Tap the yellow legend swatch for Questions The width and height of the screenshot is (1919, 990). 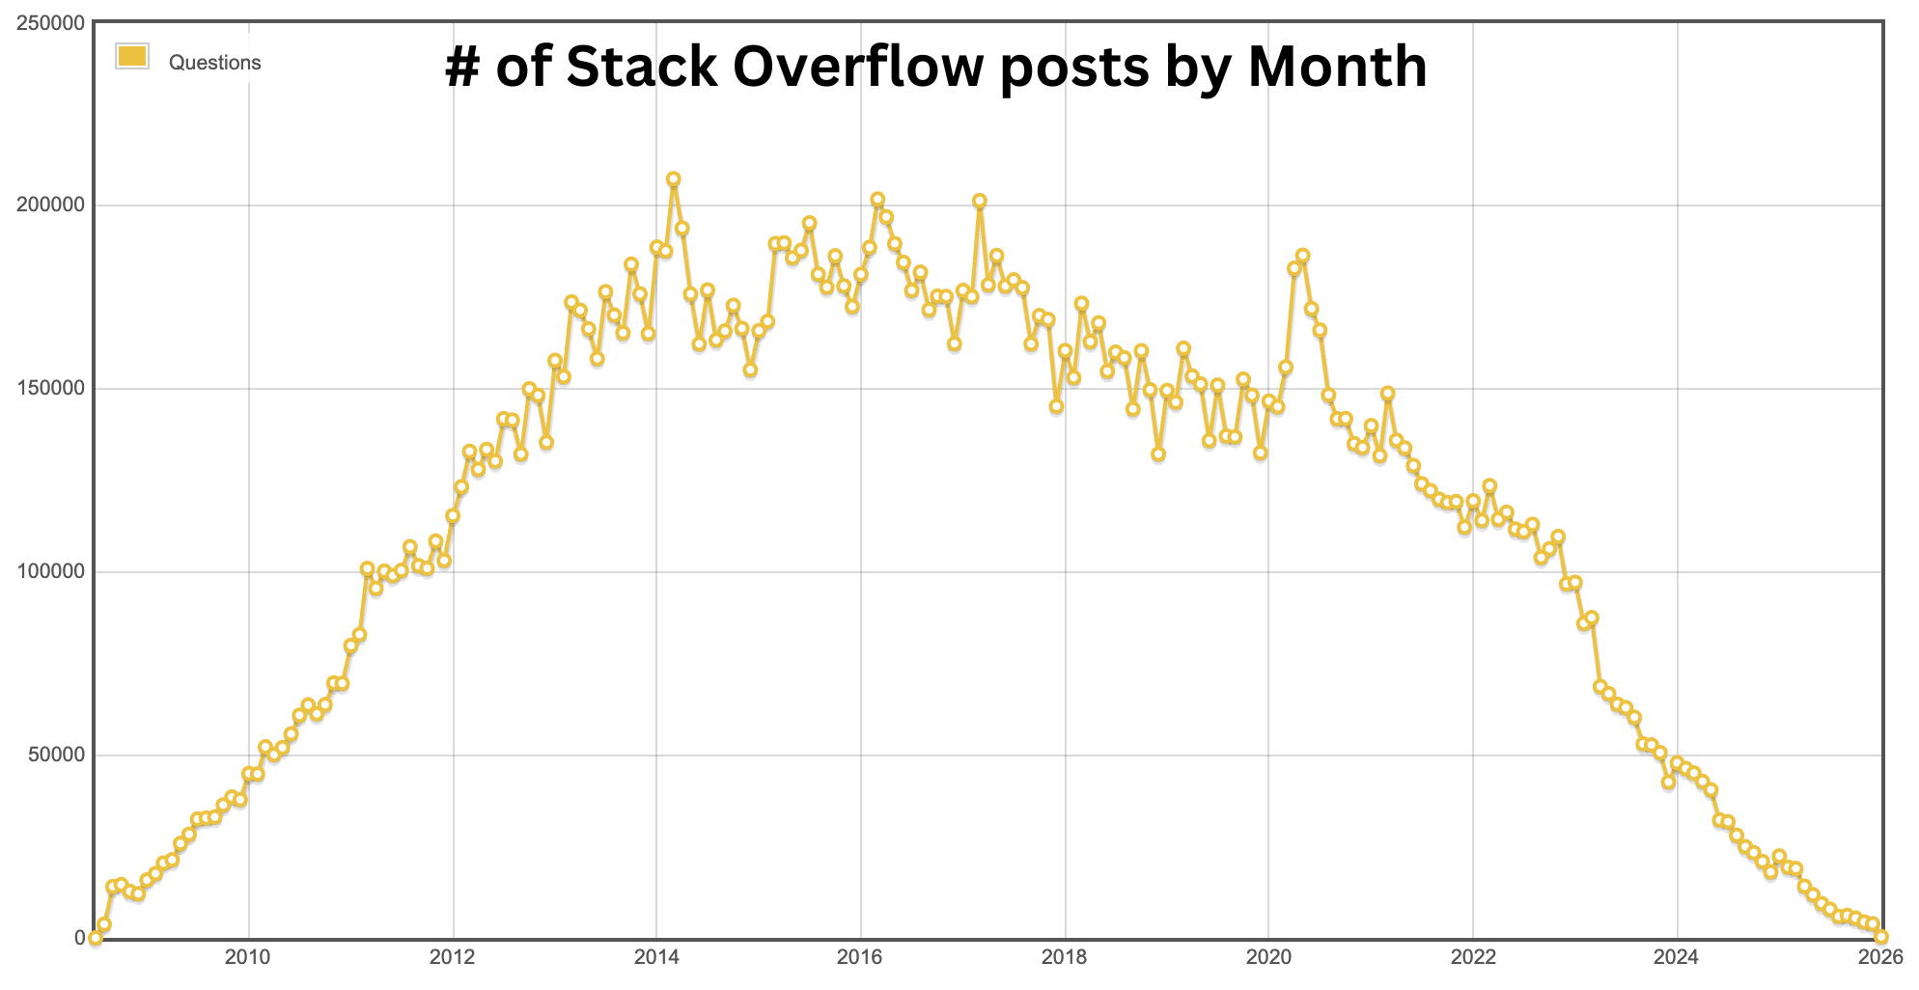pos(131,57)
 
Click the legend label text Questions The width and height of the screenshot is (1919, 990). pos(214,63)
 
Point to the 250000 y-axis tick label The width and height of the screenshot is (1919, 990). pos(50,22)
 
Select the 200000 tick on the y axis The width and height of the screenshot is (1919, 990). pos(50,206)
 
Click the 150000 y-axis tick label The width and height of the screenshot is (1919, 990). pos(50,389)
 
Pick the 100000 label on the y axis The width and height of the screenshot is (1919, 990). pos(50,571)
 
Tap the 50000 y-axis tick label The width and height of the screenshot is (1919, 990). pos(55,755)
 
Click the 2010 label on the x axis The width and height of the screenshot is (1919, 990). pos(248,957)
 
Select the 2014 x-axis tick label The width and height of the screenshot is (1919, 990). pos(656,957)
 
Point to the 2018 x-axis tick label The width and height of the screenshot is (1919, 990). pos(1065,957)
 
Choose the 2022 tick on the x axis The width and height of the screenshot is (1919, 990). pos(1473,957)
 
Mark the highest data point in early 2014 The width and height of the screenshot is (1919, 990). pos(674,179)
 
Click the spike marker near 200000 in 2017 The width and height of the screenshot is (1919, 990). pos(980,201)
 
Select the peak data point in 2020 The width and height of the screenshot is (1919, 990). pos(1303,256)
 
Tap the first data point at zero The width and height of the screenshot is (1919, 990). pos(96,937)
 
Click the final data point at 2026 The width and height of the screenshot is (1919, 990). pos(1880,937)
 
